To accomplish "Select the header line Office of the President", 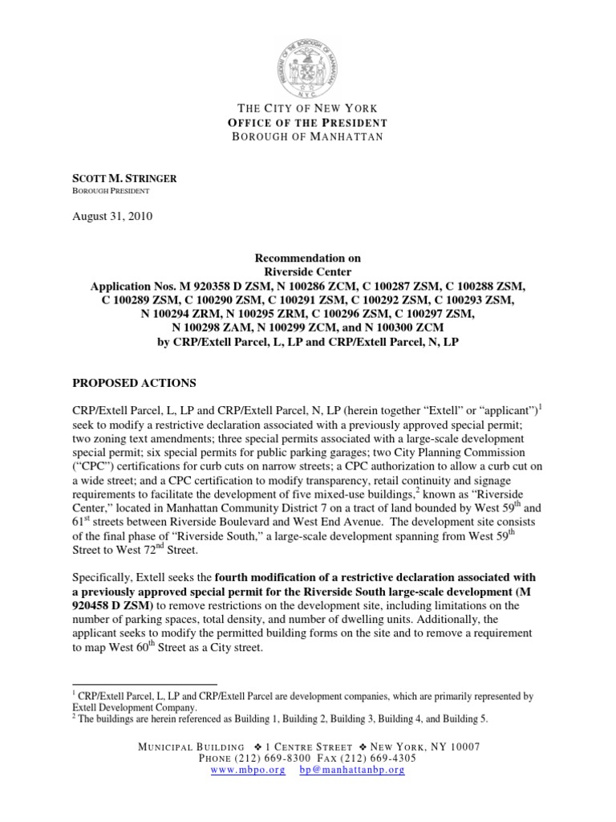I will [x=308, y=123].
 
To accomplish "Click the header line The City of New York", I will [x=308, y=108].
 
